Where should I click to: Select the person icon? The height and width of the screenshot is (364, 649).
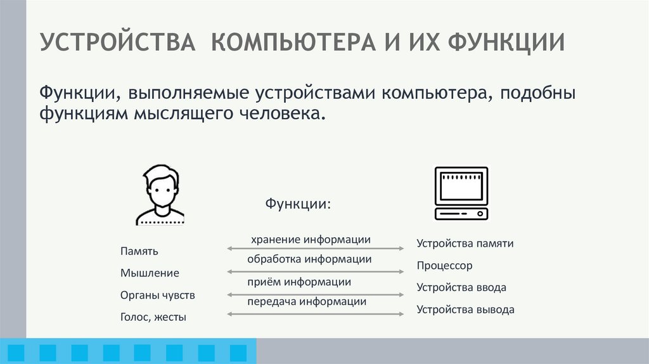coord(160,195)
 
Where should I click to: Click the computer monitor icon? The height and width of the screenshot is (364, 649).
coord(461,193)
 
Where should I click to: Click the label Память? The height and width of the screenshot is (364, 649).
coord(139,252)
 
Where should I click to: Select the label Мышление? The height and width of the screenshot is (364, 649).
coord(150,273)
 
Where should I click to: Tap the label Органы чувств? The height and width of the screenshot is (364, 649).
coord(158,296)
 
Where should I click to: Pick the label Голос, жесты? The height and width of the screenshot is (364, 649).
coord(153,317)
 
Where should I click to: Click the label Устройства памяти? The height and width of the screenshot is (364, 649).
coord(465,243)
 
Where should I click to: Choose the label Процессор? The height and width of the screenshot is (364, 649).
coord(445,266)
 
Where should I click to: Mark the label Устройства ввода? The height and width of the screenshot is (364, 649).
coord(461,287)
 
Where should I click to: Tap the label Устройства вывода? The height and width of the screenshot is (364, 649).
coord(465,310)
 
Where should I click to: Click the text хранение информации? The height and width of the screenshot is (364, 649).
coord(311,240)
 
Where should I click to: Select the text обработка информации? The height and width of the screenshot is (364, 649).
coord(309,259)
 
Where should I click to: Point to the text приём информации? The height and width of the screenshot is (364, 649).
coord(299,282)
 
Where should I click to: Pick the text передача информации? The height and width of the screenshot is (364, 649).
coord(307,302)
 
